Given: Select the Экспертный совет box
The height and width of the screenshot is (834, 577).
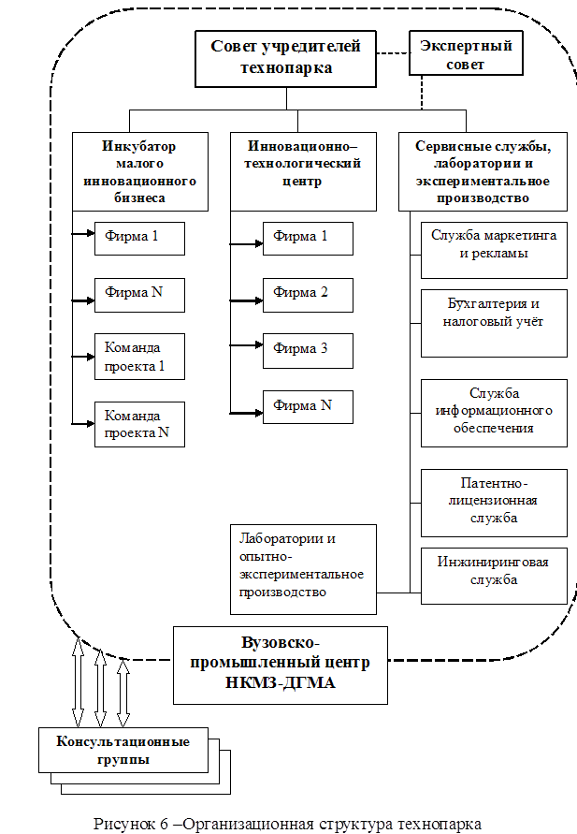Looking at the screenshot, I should pyautogui.click(x=466, y=55).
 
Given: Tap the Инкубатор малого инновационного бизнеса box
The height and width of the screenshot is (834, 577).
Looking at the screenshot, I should pyautogui.click(x=139, y=172).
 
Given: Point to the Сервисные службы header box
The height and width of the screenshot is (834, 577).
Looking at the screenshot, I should pyautogui.click(x=483, y=172).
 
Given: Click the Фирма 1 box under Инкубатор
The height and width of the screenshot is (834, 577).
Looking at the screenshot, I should pyautogui.click(x=138, y=238).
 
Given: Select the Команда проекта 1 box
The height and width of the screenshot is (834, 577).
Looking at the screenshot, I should pyautogui.click(x=138, y=357).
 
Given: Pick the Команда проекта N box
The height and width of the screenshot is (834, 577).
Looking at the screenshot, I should pyautogui.click(x=138, y=424).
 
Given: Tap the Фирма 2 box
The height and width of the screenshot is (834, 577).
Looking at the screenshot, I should pyautogui.click(x=307, y=294).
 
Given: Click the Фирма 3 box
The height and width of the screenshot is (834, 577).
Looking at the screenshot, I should pyautogui.click(x=307, y=350).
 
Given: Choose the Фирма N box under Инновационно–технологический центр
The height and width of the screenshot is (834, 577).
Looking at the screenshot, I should pyautogui.click(x=307, y=406).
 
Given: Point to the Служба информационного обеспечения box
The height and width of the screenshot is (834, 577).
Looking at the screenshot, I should pyautogui.click(x=494, y=412).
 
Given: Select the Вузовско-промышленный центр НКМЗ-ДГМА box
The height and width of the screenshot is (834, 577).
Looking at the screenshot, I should pyautogui.click(x=281, y=664).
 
